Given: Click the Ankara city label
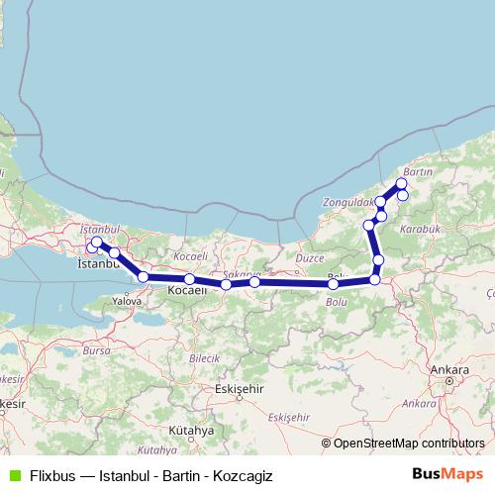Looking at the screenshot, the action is [449, 370].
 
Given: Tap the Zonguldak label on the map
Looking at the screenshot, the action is [346, 202].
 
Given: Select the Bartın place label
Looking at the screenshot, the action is [419, 171].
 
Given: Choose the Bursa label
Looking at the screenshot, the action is [96, 350].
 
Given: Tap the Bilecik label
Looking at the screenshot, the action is [203, 356].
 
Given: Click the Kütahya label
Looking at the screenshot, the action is [191, 431].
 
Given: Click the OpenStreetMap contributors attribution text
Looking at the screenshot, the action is [409, 443].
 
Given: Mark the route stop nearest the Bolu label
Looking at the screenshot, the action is [334, 285].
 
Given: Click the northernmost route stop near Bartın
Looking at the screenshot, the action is [401, 183].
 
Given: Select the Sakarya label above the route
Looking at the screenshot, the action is [241, 273].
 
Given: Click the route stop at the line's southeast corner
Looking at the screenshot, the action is [374, 280].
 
